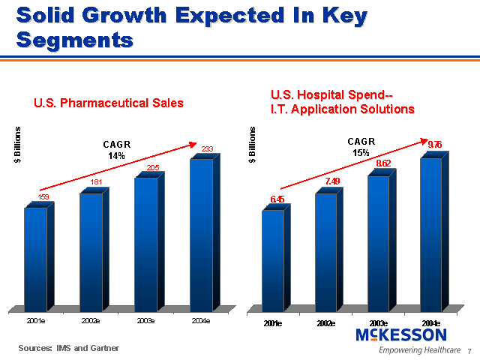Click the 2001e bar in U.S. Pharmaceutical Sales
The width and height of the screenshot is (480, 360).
(35, 259)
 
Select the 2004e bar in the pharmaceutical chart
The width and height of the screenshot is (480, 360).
(201, 234)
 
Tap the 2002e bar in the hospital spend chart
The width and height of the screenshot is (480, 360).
(325, 252)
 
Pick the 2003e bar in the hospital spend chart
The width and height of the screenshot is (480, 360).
(378, 243)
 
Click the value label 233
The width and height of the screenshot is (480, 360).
(208, 149)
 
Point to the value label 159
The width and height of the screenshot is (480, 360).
(43, 196)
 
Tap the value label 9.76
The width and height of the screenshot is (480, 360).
(434, 144)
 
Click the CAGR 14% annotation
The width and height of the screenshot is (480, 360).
(117, 150)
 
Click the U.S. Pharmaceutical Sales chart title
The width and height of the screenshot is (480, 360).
(109, 103)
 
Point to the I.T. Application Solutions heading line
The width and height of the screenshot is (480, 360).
(342, 109)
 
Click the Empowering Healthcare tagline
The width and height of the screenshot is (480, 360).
(419, 350)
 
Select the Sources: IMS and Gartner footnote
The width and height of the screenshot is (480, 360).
(69, 348)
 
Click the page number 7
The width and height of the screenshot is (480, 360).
(469, 351)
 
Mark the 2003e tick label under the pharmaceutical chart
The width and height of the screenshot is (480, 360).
(145, 321)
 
